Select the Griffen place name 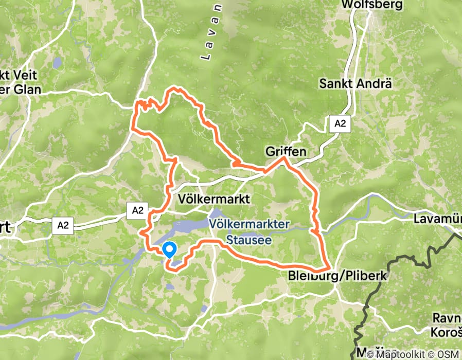pos(286,152)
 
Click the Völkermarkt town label pos(212,199)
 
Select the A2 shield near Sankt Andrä pos(339,123)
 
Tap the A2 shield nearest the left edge pos(63,225)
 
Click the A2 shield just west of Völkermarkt pos(137,210)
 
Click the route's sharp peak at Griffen pos(282,159)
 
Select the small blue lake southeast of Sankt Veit pos(57,63)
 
